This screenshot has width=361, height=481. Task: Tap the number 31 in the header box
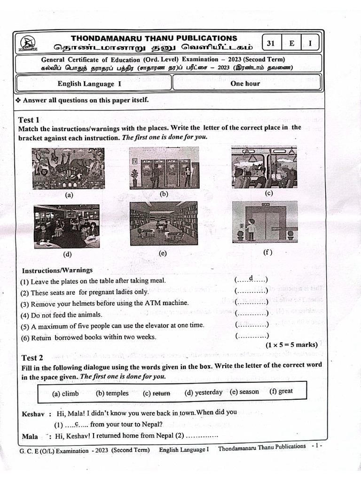click(271, 44)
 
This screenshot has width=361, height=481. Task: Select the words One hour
click(245, 84)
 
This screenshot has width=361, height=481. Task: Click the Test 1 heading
click(29, 120)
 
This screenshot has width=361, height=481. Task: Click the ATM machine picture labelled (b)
click(157, 168)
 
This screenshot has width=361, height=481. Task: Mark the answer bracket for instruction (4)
click(251, 314)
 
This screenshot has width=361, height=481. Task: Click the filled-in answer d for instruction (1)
click(251, 279)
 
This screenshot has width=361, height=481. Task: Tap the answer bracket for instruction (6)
click(251, 336)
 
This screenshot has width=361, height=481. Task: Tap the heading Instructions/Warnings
click(57, 270)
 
